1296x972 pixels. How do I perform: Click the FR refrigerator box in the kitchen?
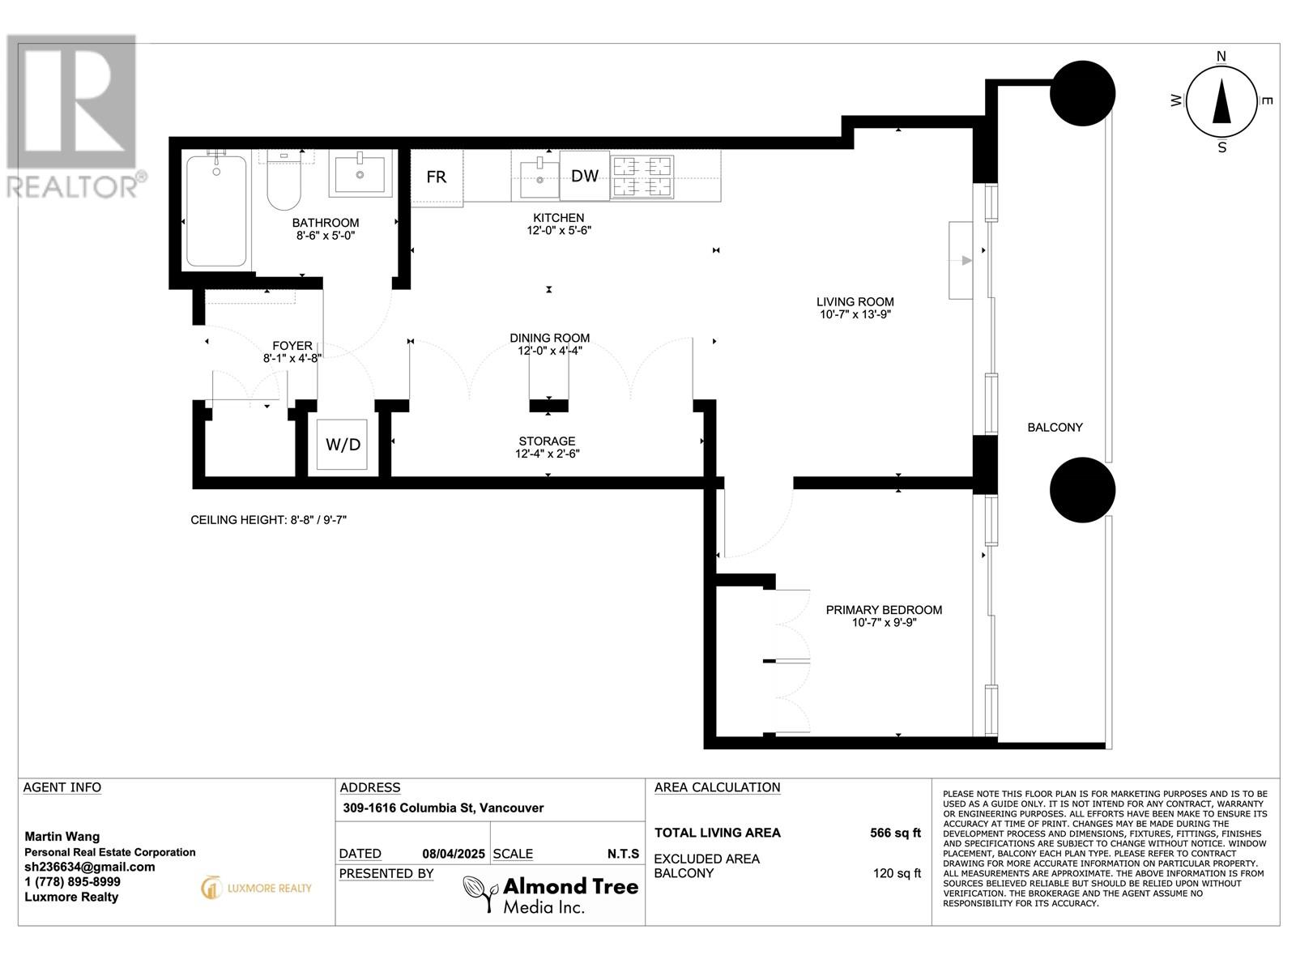(x=437, y=177)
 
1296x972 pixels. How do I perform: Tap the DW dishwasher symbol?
(x=585, y=176)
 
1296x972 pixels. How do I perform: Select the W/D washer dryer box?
(x=343, y=445)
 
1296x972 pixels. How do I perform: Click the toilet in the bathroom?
(x=284, y=180)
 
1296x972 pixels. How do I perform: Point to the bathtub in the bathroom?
(x=216, y=210)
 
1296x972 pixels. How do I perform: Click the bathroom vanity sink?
(x=360, y=173)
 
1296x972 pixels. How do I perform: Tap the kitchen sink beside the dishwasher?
(x=539, y=178)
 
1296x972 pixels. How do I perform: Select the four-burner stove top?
(x=642, y=177)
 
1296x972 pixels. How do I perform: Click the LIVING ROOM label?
(x=855, y=301)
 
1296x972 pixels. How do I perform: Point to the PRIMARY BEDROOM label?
(x=884, y=610)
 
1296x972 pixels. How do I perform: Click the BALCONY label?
(x=1055, y=428)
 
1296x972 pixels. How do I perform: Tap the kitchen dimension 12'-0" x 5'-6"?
(x=559, y=230)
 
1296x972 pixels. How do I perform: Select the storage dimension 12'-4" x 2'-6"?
(x=548, y=454)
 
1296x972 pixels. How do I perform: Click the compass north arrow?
(x=1221, y=102)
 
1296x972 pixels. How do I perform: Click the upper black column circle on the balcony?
(x=1082, y=93)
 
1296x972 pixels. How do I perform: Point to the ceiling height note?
(x=269, y=520)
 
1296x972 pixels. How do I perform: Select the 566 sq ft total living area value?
(x=895, y=833)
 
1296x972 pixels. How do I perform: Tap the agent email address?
(x=90, y=867)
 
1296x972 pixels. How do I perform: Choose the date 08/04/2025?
(x=454, y=854)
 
